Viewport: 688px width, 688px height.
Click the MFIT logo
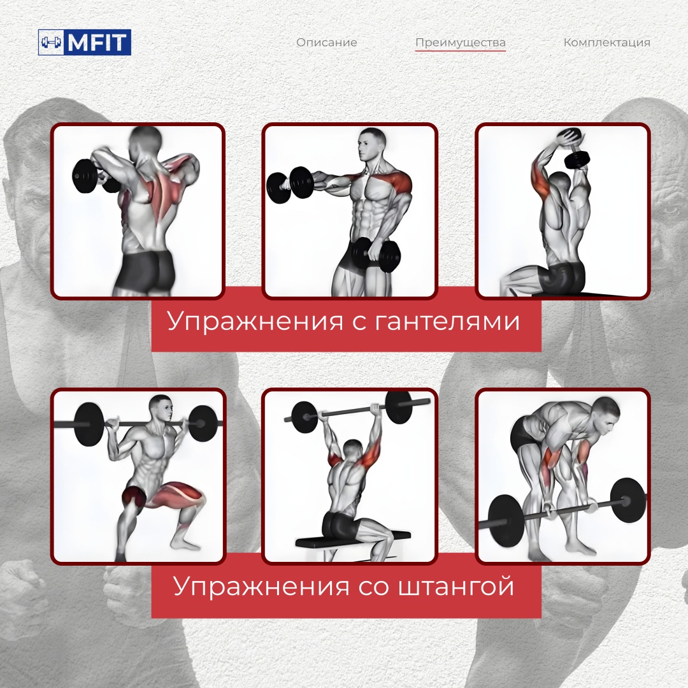85,42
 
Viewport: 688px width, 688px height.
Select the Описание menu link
326,43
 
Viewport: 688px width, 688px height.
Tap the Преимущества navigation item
461,43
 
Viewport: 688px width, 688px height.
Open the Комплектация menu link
607,43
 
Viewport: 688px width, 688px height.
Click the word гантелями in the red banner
448,321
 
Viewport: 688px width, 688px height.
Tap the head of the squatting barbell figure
161,408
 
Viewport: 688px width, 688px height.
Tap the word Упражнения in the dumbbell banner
255,321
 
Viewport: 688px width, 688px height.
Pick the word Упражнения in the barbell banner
261,586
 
